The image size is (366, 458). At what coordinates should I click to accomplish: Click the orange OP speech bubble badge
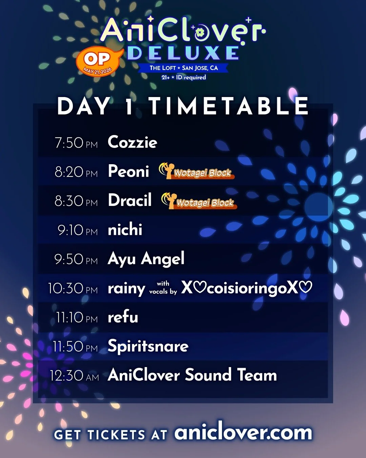click(x=99, y=61)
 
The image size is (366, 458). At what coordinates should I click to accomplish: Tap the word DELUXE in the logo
click(x=183, y=53)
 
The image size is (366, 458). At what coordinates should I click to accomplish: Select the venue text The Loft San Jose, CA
click(x=184, y=68)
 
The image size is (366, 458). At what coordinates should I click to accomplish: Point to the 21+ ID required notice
click(x=184, y=77)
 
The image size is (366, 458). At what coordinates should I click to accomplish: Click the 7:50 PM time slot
click(x=76, y=142)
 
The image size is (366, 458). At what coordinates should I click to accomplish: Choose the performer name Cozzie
click(x=133, y=142)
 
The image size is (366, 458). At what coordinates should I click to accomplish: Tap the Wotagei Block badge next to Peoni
click(x=197, y=171)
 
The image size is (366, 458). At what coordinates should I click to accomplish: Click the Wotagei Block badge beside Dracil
click(x=199, y=201)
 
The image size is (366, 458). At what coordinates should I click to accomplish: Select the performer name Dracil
click(x=130, y=200)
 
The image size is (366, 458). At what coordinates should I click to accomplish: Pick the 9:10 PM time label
click(x=78, y=230)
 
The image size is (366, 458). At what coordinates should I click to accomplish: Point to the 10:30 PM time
click(x=73, y=288)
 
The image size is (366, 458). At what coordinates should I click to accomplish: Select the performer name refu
click(x=123, y=317)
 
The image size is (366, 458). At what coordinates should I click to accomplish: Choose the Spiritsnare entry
click(x=148, y=346)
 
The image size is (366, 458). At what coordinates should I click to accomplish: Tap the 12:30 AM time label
click(x=75, y=376)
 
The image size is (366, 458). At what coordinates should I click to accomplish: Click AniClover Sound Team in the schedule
click(x=192, y=375)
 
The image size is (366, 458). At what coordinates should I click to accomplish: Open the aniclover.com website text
click(x=243, y=432)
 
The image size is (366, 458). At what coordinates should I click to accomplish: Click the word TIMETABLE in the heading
click(x=229, y=106)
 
